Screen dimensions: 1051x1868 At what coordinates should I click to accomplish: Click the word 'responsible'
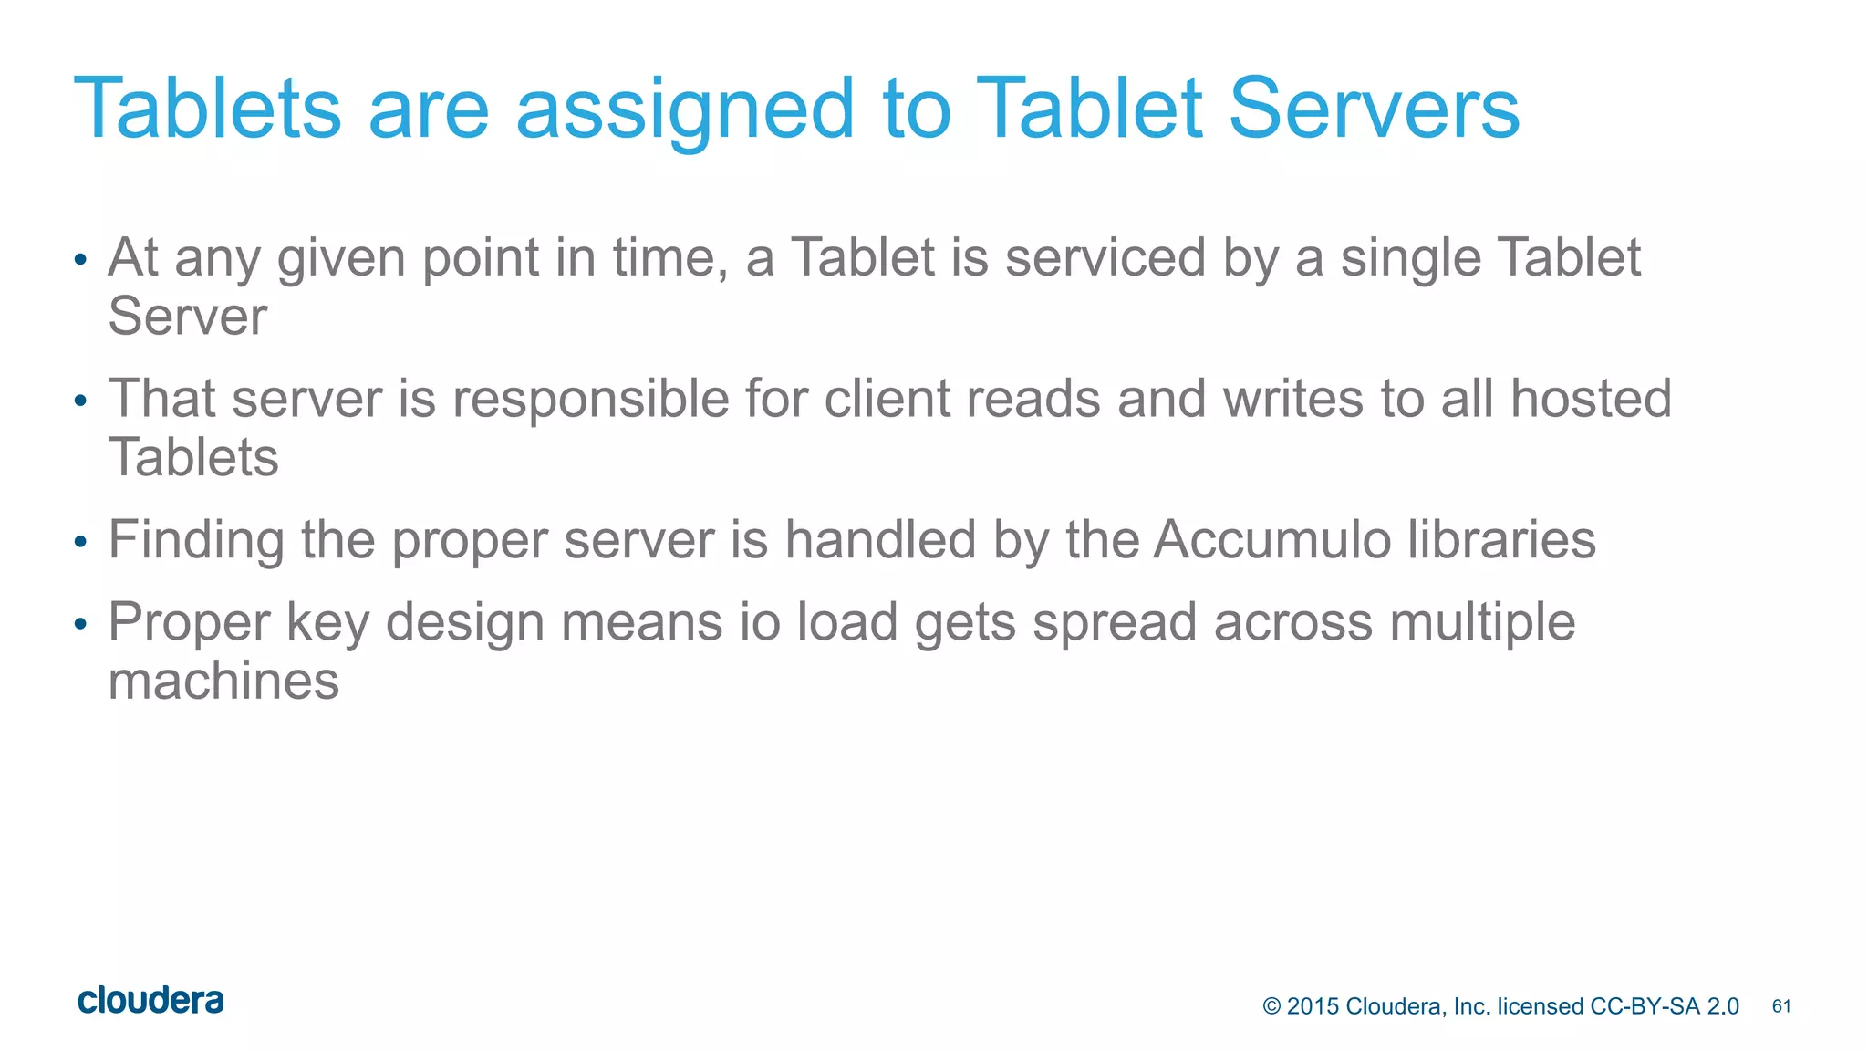tap(589, 400)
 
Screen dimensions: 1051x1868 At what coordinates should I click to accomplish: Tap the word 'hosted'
tap(1591, 400)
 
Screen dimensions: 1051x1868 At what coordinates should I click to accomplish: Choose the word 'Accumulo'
tap(1271, 540)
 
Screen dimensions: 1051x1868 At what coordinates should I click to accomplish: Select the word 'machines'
tap(223, 682)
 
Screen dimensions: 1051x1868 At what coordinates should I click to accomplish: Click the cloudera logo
tap(150, 1001)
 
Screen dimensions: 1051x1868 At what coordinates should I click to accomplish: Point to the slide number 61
tap(1781, 1006)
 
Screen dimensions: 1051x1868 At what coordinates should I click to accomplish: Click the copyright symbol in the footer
tap(1271, 1006)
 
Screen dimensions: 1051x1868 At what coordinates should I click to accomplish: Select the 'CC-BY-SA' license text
tap(1645, 1006)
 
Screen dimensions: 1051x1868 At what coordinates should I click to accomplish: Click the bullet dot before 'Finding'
tap(80, 543)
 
